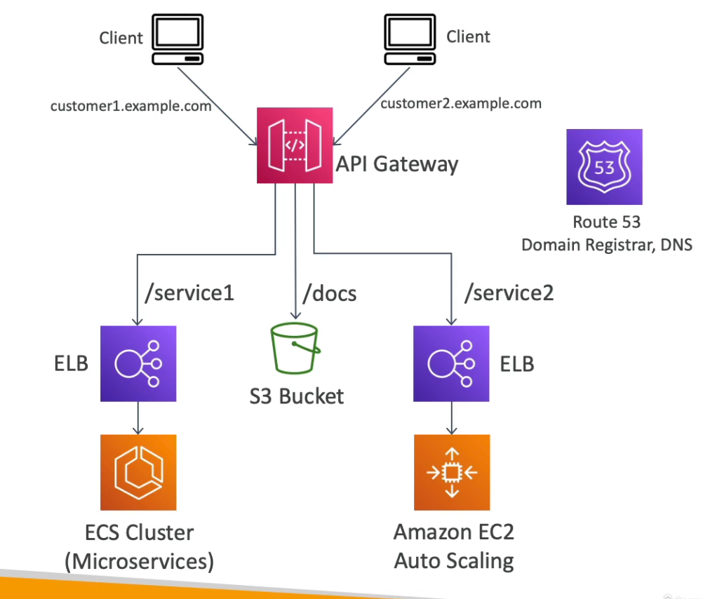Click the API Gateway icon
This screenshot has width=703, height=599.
pos(295,145)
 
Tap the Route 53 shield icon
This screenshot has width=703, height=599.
pos(604,167)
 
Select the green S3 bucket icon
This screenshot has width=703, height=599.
pos(295,352)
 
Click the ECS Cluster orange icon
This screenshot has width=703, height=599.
pos(138,472)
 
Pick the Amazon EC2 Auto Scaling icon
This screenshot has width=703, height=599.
pos(452,472)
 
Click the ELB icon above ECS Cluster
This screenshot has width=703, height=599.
pos(138,363)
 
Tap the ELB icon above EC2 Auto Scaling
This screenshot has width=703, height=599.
pos(452,363)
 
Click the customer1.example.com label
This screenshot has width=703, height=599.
pos(130,107)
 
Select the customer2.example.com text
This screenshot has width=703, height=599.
pos(461,104)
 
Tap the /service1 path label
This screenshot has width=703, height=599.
pos(188,292)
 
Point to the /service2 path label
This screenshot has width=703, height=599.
pos(509,292)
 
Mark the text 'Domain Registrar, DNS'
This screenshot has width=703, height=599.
pos(607,245)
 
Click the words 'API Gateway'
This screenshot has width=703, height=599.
pos(397,164)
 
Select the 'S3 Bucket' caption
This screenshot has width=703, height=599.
pos(297,396)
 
